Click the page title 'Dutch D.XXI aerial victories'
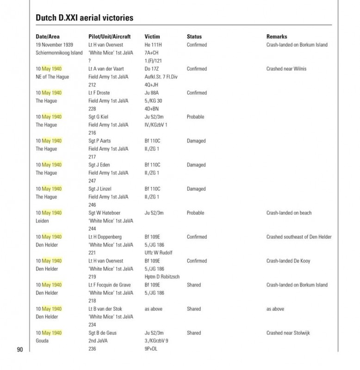click(84, 18)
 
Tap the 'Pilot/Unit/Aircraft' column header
click(109, 37)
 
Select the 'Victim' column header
click(152, 37)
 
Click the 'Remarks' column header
click(277, 37)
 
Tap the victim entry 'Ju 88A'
click(152, 93)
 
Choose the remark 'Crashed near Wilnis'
click(286, 69)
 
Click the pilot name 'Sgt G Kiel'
click(99, 117)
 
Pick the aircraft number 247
click(92, 181)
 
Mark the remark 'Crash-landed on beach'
click(289, 213)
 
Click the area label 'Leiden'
click(43, 221)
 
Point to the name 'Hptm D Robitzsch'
click(162, 277)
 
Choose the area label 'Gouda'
click(43, 341)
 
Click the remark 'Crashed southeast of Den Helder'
click(299, 237)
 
